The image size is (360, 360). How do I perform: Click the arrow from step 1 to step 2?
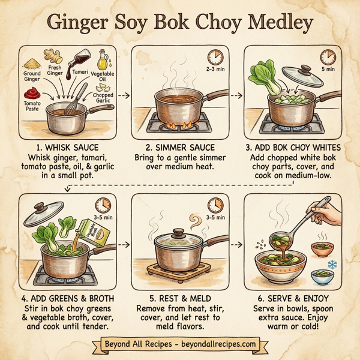[x=122, y=95]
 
